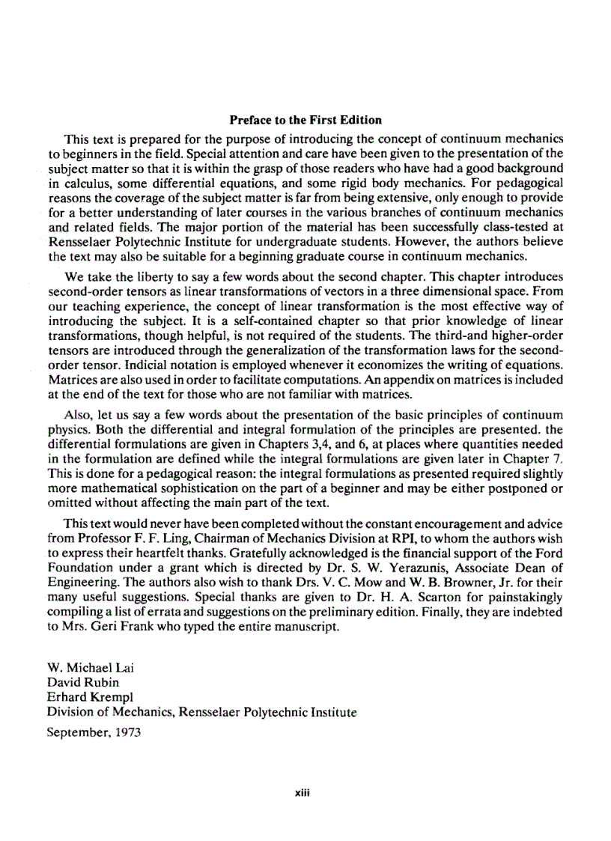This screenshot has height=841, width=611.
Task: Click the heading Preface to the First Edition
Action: tap(305, 120)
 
